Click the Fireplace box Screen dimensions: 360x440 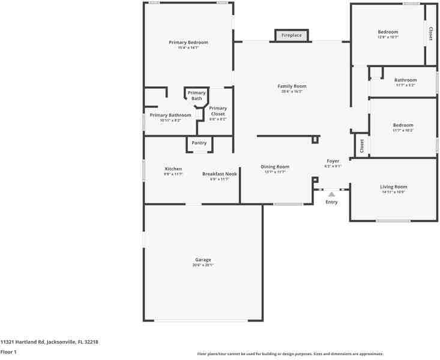pos(292,35)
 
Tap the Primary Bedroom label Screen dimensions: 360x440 pos(188,43)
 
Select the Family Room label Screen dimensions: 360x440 pos(292,86)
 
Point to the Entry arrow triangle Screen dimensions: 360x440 pos(331,194)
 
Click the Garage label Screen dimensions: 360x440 pos(203,260)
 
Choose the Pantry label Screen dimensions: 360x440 pos(199,143)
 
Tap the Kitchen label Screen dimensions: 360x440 pos(173,169)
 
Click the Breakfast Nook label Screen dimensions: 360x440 pos(220,174)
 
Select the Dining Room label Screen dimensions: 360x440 pos(275,167)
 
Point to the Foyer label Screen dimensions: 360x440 pos(333,161)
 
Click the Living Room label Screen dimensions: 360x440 pos(394,187)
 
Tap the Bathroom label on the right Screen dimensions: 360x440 pos(405,80)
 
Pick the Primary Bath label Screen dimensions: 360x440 pos(197,95)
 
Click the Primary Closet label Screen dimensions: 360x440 pos(218,111)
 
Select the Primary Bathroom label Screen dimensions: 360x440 pos(170,115)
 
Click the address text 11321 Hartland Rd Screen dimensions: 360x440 pos(49,342)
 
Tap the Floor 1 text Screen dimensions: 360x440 pos(8,352)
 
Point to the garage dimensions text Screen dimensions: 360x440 pos(203,265)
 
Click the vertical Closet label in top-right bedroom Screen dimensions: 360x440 pos(430,34)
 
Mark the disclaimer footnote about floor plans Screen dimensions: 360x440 pos(291,353)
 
